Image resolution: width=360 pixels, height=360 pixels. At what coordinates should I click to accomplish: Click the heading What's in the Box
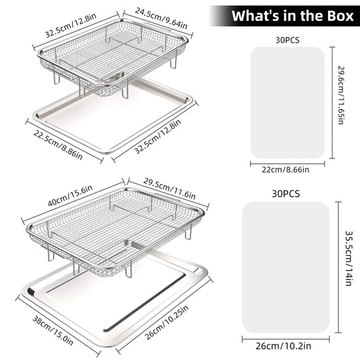293,16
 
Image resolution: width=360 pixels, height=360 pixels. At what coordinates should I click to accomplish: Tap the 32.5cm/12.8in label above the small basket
71,26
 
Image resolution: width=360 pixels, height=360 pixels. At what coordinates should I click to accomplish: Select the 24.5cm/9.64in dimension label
161,18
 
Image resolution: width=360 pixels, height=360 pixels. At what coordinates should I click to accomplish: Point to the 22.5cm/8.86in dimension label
58,145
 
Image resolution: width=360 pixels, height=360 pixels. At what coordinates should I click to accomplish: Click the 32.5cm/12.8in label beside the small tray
158,136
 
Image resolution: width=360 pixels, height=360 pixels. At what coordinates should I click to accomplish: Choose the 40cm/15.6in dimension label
70,196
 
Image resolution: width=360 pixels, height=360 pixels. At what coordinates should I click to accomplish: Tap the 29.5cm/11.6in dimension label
170,189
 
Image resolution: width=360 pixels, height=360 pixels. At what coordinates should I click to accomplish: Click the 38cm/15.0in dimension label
53,331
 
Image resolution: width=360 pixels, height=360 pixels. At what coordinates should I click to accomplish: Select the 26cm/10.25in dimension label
167,323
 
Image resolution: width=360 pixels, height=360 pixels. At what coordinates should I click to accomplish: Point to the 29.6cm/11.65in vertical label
341,96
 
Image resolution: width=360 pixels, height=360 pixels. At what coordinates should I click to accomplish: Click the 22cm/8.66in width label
285,170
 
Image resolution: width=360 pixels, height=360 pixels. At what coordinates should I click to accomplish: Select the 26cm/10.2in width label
283,346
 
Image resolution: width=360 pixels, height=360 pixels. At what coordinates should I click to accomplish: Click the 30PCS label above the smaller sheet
287,40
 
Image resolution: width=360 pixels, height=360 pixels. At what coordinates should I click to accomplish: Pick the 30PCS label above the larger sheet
286,194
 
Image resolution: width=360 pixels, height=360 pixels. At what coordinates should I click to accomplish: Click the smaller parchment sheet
287,103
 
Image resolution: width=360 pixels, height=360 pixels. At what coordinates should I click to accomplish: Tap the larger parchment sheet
286,267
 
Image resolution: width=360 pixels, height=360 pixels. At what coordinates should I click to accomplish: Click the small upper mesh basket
113,58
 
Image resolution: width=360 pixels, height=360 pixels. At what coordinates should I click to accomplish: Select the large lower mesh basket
115,232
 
